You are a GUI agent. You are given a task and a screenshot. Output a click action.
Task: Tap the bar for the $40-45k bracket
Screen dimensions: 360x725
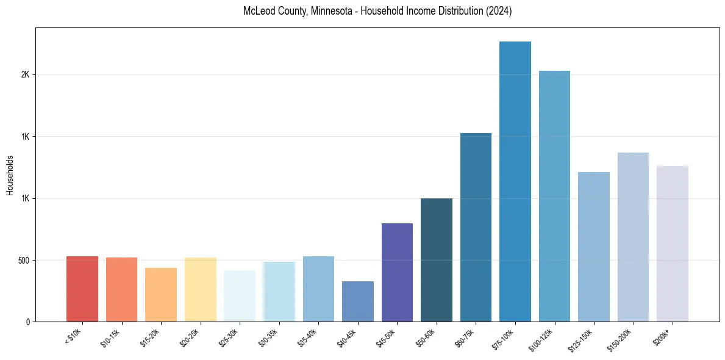pyautogui.click(x=358, y=301)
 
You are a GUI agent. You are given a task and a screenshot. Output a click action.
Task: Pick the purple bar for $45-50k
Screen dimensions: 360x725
pyautogui.click(x=397, y=272)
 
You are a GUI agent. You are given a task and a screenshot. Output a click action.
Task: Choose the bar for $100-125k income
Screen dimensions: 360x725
pyautogui.click(x=554, y=196)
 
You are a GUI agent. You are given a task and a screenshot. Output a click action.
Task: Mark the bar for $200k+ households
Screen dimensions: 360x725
pyautogui.click(x=673, y=243)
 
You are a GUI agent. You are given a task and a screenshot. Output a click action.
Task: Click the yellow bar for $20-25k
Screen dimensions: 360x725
pyautogui.click(x=201, y=289)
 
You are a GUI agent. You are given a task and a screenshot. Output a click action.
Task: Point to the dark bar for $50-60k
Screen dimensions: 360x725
pyautogui.click(x=437, y=260)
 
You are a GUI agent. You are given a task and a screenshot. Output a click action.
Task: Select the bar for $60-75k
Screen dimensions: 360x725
pyautogui.click(x=476, y=227)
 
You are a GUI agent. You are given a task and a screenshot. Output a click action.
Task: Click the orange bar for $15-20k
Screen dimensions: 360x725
pyautogui.click(x=161, y=295)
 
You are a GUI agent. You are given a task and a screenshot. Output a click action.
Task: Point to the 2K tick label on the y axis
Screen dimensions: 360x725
pyautogui.click(x=25, y=74)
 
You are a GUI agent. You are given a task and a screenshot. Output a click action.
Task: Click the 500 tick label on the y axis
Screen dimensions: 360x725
pyautogui.click(x=23, y=261)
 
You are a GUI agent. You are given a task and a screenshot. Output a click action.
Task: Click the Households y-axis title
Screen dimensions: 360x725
pyautogui.click(x=10, y=175)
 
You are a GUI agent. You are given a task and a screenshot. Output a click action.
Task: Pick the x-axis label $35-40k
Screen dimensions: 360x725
pyautogui.click(x=307, y=338)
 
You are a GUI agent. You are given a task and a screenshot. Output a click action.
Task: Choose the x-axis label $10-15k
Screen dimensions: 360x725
pyautogui.click(x=110, y=338)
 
